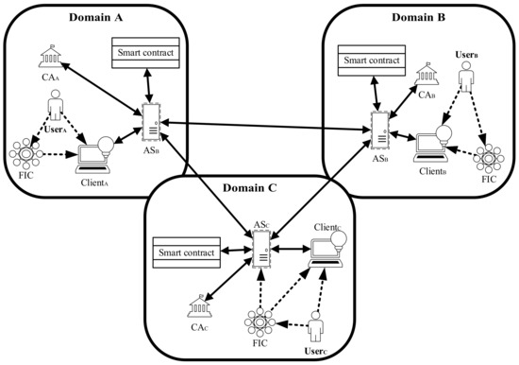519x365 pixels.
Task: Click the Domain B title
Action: pyautogui.click(x=419, y=17)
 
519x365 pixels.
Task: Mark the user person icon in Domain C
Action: pyautogui.click(x=316, y=332)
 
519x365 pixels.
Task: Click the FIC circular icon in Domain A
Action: pyautogui.click(x=22, y=154)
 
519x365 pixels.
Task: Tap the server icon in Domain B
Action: pyautogui.click(x=380, y=130)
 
